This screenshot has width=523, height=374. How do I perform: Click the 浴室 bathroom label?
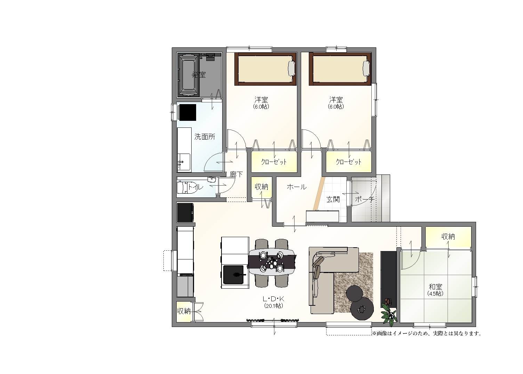[x=199, y=75]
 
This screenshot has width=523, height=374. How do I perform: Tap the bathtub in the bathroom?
[x=188, y=75]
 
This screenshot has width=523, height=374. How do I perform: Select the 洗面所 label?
[x=205, y=137]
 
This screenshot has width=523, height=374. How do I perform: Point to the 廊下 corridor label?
[x=236, y=174]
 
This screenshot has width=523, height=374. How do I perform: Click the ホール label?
[x=297, y=187]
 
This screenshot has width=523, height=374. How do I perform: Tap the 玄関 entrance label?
[x=333, y=200]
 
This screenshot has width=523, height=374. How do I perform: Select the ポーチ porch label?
[x=365, y=200]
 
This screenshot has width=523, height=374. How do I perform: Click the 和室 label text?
[x=435, y=287]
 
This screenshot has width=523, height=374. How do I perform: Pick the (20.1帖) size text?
[x=273, y=305]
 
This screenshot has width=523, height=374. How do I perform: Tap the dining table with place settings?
[x=272, y=262]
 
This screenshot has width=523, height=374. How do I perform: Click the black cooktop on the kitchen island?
[x=234, y=274]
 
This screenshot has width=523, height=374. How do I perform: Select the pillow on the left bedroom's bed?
[x=291, y=68]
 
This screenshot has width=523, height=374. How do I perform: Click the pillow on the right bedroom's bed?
[x=366, y=68]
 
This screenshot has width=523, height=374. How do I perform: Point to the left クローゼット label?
[x=274, y=162]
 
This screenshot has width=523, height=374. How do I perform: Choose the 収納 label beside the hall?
[x=261, y=187]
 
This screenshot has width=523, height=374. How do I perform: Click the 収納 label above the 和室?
[x=448, y=237]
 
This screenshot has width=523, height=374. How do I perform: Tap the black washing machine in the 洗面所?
[x=187, y=112]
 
